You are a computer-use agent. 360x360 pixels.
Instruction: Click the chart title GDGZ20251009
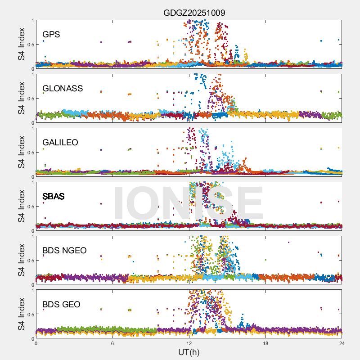coord(194,13)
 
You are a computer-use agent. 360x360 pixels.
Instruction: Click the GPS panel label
coord(51,34)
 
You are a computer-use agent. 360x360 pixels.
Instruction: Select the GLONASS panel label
coord(63,88)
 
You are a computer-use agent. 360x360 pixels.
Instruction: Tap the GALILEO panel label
coord(60,142)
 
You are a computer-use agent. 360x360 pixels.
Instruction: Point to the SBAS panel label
coord(54,196)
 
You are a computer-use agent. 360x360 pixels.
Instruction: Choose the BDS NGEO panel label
coord(64,250)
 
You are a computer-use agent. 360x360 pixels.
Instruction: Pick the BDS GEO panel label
coord(61,305)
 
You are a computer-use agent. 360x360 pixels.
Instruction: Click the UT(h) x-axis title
coord(189,351)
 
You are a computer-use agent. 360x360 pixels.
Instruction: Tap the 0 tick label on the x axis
coord(36,343)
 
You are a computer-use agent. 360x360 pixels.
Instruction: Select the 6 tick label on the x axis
coord(112,343)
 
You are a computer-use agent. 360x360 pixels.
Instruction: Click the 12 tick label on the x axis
coord(189,343)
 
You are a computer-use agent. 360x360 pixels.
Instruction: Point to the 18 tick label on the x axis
coord(265,343)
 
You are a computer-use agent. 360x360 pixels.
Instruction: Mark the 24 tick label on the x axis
coord(342,343)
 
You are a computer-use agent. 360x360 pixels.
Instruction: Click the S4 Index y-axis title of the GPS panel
coord(22,44)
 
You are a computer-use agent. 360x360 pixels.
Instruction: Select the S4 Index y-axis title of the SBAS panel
coord(22,206)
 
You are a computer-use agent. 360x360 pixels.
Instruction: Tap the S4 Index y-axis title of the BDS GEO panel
coord(22,314)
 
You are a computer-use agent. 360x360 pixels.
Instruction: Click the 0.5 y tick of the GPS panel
coord(29,44)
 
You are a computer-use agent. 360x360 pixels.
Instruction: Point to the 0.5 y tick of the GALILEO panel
coord(29,152)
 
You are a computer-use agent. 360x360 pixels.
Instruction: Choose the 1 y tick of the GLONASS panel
coord(32,74)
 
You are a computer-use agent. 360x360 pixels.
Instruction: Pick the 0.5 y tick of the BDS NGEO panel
coord(29,260)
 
